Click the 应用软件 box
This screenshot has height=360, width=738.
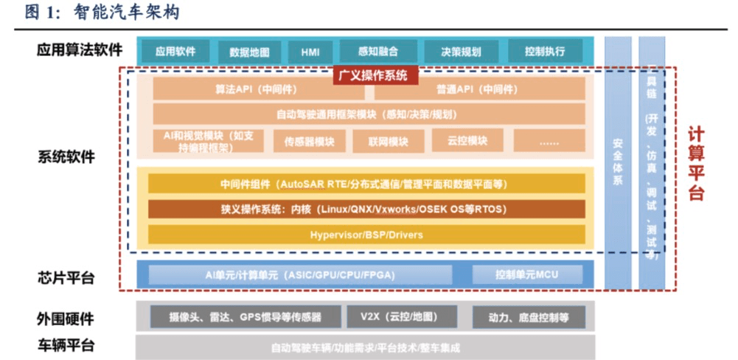[175, 52]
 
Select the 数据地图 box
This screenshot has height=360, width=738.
[249, 52]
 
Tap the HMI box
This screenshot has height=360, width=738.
[310, 52]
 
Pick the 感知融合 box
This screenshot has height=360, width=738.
[377, 52]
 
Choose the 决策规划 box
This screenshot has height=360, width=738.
[462, 52]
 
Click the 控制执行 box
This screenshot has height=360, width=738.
[546, 52]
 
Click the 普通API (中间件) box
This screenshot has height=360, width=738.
[479, 89]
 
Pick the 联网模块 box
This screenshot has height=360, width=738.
[389, 141]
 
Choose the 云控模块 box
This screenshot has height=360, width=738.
[466, 140]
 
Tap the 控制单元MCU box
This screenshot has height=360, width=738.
[527, 275]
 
